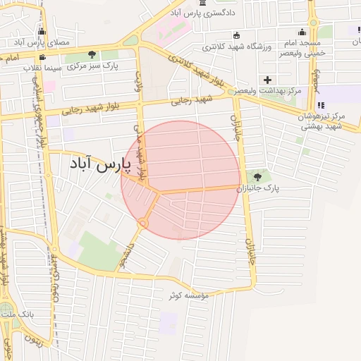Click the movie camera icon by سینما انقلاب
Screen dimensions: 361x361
42,57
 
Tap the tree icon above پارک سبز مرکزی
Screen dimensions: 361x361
92,54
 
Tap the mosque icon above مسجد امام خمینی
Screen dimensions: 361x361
302,32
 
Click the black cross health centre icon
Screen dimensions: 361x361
267,79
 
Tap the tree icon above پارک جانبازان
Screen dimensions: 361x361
257,177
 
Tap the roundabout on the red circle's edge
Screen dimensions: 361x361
143,224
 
